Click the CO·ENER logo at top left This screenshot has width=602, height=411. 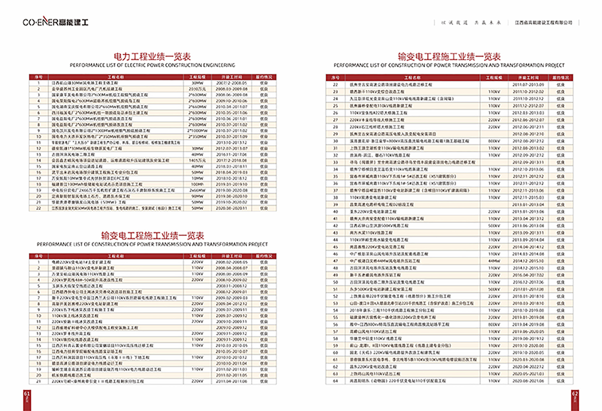(x=55, y=22)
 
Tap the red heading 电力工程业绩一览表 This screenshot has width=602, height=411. (x=152, y=56)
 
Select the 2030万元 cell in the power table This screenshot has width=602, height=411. (x=197, y=89)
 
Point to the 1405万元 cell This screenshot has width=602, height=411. (x=197, y=160)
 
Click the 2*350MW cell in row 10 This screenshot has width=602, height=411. (x=197, y=136)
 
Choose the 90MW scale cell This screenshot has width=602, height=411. (x=197, y=196)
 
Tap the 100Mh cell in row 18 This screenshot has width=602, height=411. (x=197, y=184)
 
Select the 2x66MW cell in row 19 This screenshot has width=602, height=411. (x=197, y=190)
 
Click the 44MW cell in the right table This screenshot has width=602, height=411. (x=494, y=261)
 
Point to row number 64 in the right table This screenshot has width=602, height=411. (x=335, y=381)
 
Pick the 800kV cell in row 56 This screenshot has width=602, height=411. (x=494, y=324)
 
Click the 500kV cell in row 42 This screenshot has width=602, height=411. (x=494, y=226)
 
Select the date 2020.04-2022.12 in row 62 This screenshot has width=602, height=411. (x=528, y=367)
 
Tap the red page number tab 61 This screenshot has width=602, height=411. (x=27, y=399)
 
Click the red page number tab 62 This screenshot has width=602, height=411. (x=575, y=399)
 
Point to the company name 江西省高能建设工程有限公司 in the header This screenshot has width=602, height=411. (x=543, y=23)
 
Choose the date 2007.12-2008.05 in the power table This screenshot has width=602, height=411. (x=231, y=83)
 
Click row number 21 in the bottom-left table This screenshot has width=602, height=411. (x=39, y=381)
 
